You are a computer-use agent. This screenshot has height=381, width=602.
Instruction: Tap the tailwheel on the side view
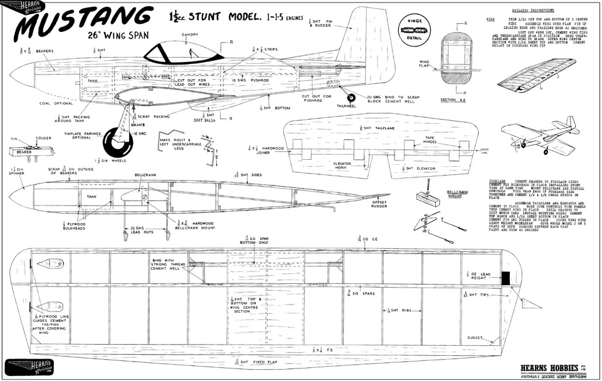(352, 98)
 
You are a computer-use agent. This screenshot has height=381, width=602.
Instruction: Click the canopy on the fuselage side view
(176, 50)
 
